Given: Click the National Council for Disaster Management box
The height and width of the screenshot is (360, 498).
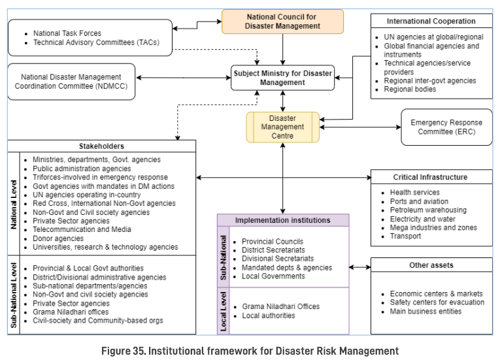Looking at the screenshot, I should click(x=282, y=21).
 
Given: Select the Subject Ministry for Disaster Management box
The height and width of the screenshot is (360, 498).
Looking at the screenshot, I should click(x=282, y=78).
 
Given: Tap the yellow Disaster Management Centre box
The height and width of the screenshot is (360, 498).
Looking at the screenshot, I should click(x=282, y=127).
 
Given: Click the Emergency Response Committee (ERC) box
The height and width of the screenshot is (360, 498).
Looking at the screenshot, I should click(x=446, y=127).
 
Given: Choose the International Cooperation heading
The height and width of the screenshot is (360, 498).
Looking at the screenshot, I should click(x=431, y=21).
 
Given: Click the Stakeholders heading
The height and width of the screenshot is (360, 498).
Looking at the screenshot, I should click(x=101, y=146).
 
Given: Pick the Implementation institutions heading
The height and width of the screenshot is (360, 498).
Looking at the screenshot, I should click(x=283, y=220).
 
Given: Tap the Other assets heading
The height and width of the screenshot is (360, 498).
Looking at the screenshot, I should click(x=431, y=265).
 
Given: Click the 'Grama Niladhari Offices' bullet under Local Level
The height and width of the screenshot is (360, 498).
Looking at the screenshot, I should click(x=280, y=306).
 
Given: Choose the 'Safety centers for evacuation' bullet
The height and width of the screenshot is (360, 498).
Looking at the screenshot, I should click(x=437, y=303).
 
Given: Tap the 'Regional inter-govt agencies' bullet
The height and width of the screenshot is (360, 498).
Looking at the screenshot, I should click(x=429, y=80).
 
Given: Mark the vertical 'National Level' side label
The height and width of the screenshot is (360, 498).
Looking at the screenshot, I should click(x=14, y=203).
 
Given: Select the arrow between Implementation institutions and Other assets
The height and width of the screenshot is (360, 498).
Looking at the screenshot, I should click(x=360, y=267).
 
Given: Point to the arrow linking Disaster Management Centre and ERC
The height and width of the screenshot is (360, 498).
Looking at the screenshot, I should click(x=360, y=127).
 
